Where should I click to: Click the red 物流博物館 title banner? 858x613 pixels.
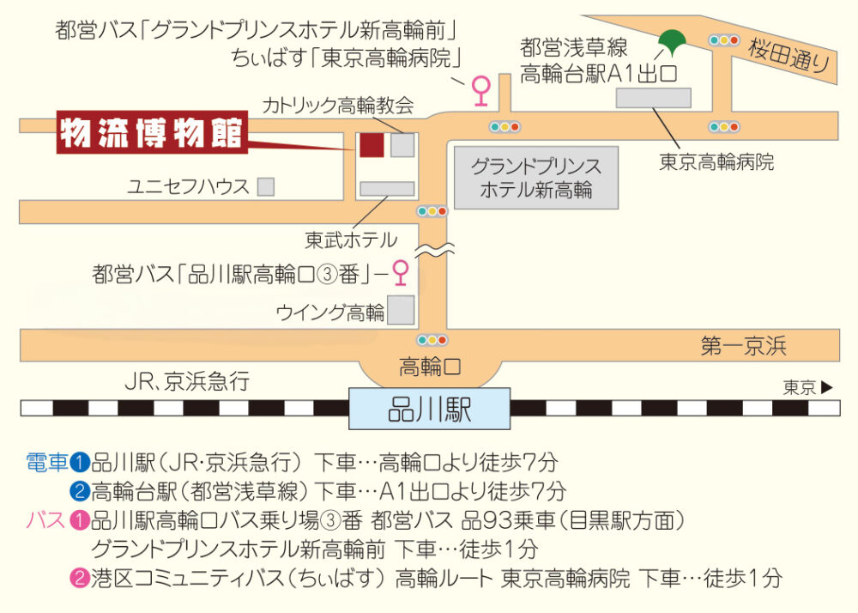coord(152,132)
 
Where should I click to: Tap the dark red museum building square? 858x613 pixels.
coord(372,145)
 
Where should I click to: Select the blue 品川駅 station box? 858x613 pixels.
coord(430,409)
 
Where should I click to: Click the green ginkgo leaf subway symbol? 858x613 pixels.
coord(672,42)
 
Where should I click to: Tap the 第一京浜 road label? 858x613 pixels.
coord(743,346)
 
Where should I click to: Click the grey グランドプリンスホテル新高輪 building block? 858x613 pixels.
coord(536,178)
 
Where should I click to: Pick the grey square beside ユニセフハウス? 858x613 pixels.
coord(266,186)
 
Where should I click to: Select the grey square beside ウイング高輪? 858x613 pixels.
coord(401,310)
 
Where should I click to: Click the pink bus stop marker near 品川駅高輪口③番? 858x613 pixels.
coord(401,272)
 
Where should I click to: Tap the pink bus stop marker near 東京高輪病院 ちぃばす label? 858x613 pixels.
coord(481,90)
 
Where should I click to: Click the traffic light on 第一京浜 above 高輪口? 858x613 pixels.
coord(432,341)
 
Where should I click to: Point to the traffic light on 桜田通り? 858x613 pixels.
coord(723,40)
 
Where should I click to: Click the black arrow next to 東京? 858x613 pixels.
coord(827,387)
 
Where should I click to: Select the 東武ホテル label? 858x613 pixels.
coord(351,240)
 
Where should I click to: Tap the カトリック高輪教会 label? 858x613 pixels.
coord(337,105)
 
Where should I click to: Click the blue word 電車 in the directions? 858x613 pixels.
coord(47,463)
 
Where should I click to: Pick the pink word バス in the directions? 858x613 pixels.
coord(46,519)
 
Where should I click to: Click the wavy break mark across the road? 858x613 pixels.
coord(434,250)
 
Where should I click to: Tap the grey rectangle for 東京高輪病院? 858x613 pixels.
coord(653,98)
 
